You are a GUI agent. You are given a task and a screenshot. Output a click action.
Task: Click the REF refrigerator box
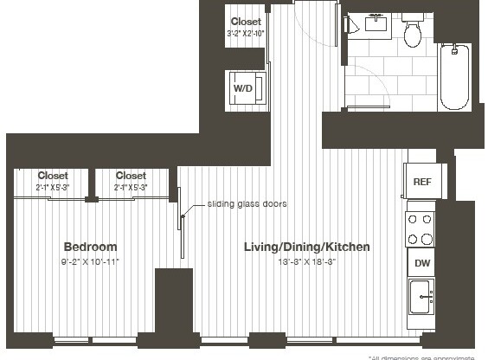click(x=421, y=182)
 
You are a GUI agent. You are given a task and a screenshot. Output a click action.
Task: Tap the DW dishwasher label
click(x=421, y=262)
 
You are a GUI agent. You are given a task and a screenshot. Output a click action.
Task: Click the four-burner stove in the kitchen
click(x=421, y=228)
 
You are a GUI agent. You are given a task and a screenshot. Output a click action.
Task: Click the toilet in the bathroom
click(x=412, y=32)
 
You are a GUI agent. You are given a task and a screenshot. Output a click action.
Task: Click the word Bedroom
click(x=90, y=247)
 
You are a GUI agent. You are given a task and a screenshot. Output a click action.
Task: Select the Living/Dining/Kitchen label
click(x=307, y=247)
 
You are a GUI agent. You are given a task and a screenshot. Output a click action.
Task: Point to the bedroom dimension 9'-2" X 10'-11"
click(x=90, y=260)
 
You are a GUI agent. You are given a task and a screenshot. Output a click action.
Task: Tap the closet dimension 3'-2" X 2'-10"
click(x=246, y=34)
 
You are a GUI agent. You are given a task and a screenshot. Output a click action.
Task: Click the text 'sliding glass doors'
click(x=247, y=204)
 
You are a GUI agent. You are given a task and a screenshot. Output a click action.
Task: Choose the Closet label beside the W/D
click(x=246, y=22)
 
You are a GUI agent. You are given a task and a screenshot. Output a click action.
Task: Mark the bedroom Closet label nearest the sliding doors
click(x=131, y=176)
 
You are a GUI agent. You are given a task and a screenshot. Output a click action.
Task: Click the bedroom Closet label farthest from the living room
click(x=52, y=176)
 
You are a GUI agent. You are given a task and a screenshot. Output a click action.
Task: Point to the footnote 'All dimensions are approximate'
click(x=427, y=357)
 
